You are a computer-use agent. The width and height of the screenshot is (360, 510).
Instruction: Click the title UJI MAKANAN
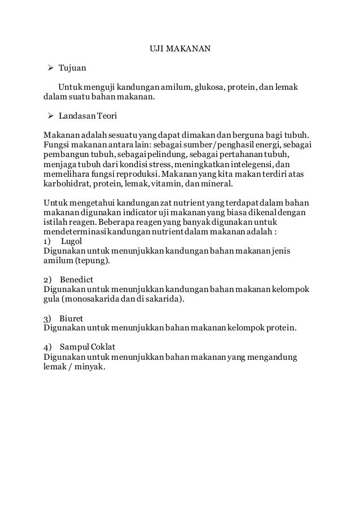point(179,49)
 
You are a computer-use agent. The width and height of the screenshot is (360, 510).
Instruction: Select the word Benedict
point(77,280)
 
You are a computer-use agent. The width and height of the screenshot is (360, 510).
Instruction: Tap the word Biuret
point(73,318)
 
